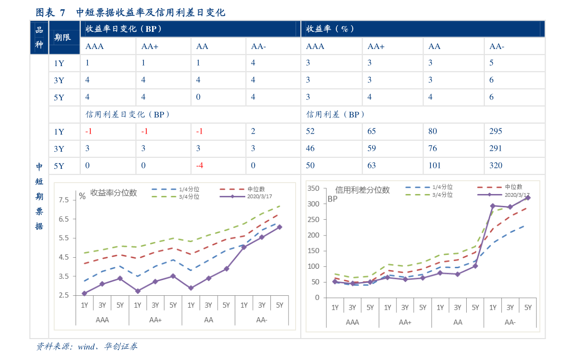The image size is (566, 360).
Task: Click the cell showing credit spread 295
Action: [x=496, y=131]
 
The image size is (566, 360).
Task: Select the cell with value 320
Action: [x=496, y=165]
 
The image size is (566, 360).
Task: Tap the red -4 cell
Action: [x=200, y=165]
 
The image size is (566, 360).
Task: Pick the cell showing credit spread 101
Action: [x=434, y=165]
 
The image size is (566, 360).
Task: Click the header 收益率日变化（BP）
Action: [x=124, y=29]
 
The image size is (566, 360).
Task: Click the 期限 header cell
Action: [x=63, y=37]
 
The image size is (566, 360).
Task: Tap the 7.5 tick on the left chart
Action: [x=64, y=200]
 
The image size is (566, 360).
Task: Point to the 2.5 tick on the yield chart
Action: [x=64, y=295]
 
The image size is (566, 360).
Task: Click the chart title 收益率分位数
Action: [x=114, y=193]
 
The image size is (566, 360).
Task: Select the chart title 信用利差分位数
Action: [x=363, y=190]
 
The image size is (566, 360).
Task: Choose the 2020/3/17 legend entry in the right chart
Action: [x=516, y=195]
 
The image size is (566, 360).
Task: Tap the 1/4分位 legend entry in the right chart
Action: [x=442, y=187]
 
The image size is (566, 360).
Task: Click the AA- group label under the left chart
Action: [x=262, y=320]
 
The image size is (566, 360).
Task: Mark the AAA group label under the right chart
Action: [x=352, y=322]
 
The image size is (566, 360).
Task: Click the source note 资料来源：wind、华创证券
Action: [x=87, y=347]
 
